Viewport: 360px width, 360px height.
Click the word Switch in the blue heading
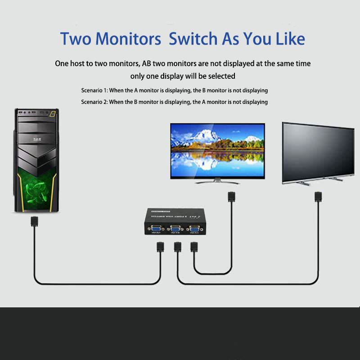pos(193,39)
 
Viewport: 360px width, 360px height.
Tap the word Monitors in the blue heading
pos(128,39)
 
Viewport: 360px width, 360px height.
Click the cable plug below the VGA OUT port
pos(160,248)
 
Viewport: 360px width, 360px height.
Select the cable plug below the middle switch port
pos(177,248)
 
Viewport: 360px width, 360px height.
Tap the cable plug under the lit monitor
pos(231,197)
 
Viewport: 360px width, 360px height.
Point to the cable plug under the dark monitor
pos(317,197)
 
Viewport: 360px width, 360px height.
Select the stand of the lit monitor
pos(217,180)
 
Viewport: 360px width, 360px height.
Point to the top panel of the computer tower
pos(36,112)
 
